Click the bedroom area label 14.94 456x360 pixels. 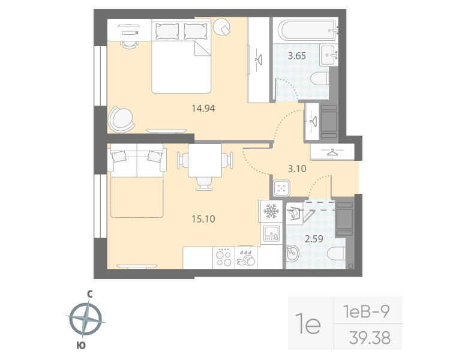click(x=203, y=109)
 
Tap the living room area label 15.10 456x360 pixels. click(x=203, y=219)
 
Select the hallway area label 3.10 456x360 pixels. click(x=296, y=169)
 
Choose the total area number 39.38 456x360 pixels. click(x=369, y=338)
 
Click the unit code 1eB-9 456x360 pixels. click(x=367, y=311)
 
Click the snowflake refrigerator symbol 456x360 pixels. click(x=271, y=212)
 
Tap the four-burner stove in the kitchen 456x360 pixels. click(x=224, y=257)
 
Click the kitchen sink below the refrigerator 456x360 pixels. click(x=271, y=232)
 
